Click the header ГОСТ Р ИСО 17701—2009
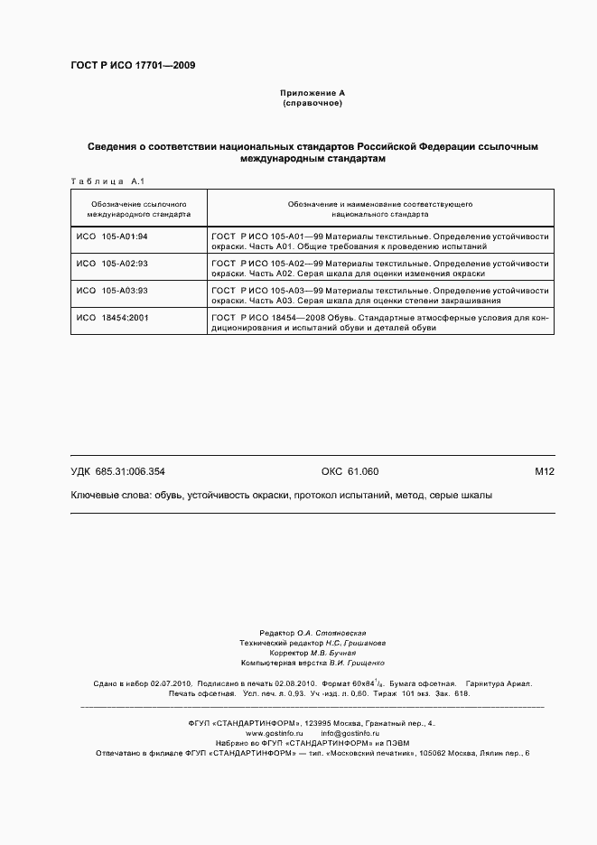pyautogui.click(x=132, y=65)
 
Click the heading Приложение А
pyautogui.click(x=312, y=93)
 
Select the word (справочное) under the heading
pyautogui.click(x=312, y=103)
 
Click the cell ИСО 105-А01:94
pyautogui.click(x=111, y=237)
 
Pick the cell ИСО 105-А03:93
pyautogui.click(x=111, y=291)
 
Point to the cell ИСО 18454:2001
pyautogui.click(x=111, y=318)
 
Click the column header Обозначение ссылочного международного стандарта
pyautogui.click(x=138, y=209)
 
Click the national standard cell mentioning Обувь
pyautogui.click(x=379, y=322)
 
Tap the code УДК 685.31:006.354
pyautogui.click(x=117, y=471)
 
